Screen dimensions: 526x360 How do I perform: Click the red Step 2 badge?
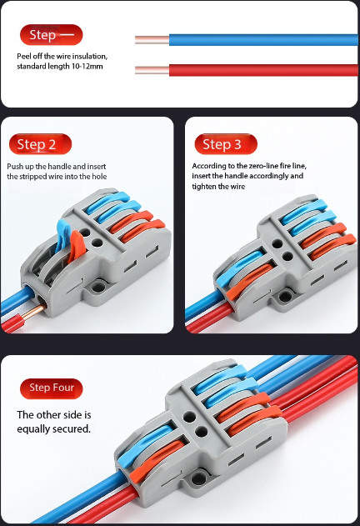(40, 144)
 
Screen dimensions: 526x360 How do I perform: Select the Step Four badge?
(52, 388)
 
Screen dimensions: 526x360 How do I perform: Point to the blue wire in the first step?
(250, 39)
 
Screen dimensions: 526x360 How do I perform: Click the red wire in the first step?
(250, 70)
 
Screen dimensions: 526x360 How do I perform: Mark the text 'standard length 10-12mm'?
(60, 67)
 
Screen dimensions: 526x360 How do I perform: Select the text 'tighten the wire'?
(219, 187)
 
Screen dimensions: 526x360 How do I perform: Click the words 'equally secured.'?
(54, 428)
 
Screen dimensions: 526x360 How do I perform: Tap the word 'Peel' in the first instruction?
(25, 56)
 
